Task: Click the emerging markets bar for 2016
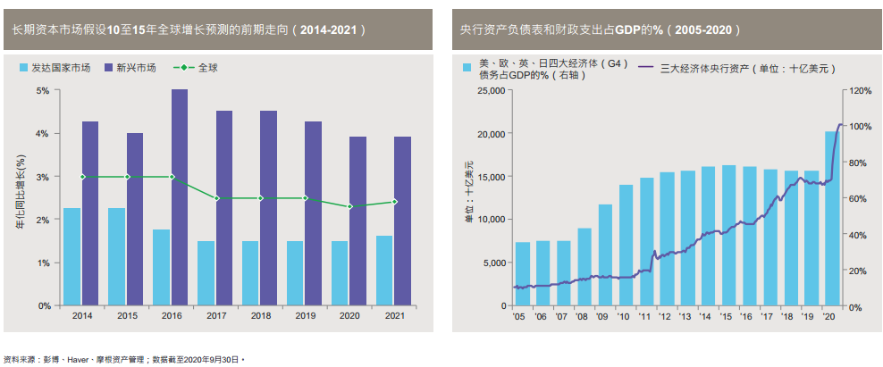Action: tap(180, 197)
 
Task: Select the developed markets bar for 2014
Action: tap(72, 257)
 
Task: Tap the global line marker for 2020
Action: tap(349, 206)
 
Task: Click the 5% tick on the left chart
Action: tap(44, 90)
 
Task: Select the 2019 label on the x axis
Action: tap(304, 315)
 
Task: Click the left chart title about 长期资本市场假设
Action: tap(188, 29)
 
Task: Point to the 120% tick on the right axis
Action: tap(860, 91)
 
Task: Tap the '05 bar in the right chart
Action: tap(523, 274)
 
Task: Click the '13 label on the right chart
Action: tap(685, 316)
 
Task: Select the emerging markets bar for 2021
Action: tap(403, 221)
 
